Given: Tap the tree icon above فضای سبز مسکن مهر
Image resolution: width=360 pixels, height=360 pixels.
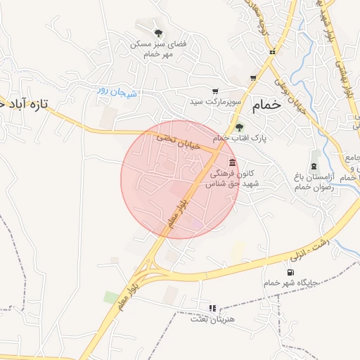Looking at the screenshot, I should [159, 32].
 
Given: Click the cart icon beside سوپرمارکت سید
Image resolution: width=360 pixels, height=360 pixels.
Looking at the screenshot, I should [215, 91].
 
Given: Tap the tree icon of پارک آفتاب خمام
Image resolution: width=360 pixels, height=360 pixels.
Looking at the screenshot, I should [240, 127].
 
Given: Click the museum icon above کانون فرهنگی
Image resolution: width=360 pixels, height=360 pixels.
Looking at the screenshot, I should [233, 162].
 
